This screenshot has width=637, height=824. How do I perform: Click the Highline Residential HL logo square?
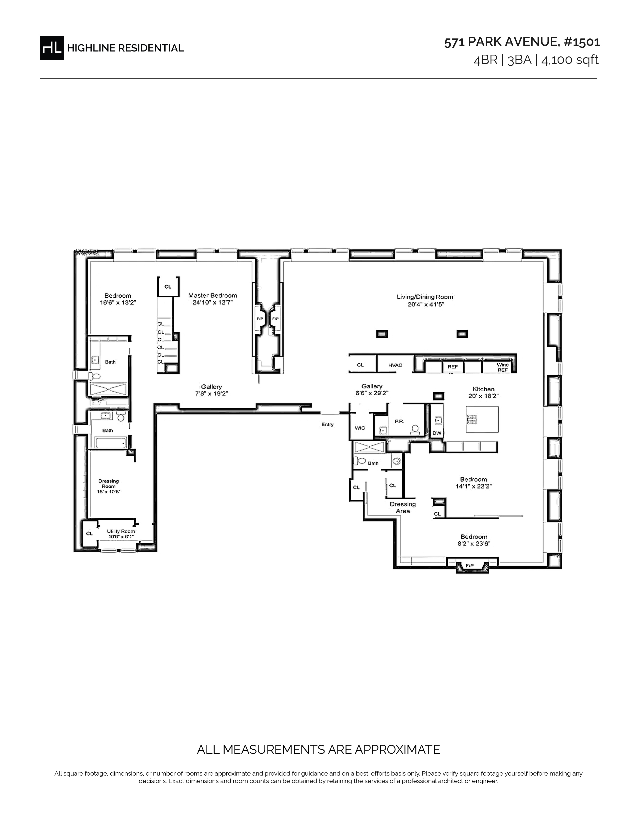pos(52,48)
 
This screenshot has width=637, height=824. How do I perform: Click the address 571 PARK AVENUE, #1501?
pos(522,42)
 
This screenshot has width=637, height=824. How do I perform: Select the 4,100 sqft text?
pos(570,60)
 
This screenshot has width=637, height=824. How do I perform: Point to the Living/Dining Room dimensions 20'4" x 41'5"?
pos(426,304)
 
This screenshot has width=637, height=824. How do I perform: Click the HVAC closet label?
pos(395,365)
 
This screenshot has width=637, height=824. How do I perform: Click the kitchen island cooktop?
pos(472,418)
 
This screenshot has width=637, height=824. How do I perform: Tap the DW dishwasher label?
pos(437,433)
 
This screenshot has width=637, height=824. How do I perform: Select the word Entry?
pos(327,424)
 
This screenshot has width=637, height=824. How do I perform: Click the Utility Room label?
pos(121,531)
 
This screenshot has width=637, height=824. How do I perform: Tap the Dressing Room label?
pos(109,484)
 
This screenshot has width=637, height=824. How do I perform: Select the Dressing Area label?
pos(403,507)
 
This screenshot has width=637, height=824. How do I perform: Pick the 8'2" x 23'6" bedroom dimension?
pos(474,544)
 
